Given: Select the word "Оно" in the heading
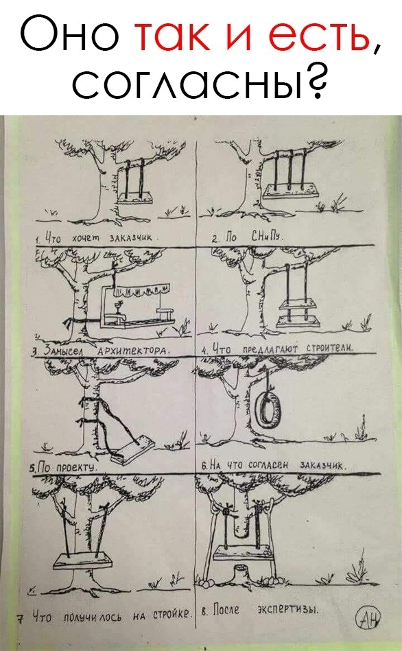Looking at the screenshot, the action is coord(69,35).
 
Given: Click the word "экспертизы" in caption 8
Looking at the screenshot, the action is coord(288,609).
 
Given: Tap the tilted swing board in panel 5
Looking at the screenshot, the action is coord(132,449).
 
